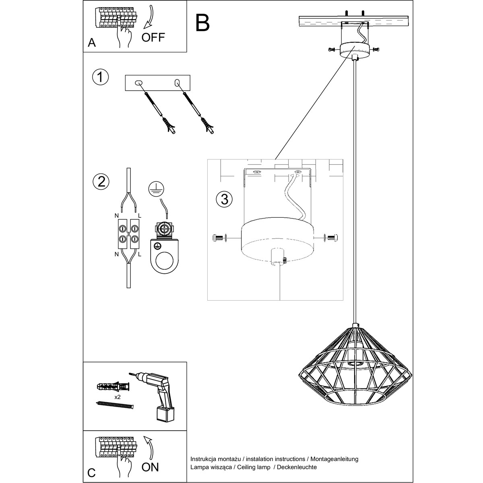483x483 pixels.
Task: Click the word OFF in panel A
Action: [153, 37]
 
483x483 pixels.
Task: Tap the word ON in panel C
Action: [151, 467]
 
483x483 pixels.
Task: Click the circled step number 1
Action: [100, 77]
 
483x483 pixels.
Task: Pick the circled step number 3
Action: [224, 199]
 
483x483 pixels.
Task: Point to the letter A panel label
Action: [92, 43]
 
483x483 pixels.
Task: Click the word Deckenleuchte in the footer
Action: [299, 467]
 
